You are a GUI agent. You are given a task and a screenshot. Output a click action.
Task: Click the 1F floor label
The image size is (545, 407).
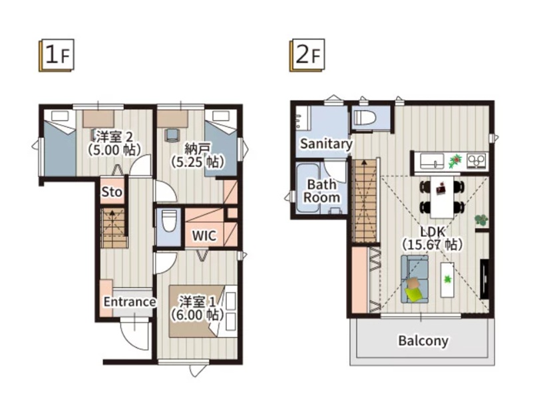(57, 55)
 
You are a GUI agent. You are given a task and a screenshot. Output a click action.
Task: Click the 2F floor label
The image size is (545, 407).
(307, 55)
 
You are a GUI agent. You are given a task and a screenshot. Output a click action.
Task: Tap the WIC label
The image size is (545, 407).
(204, 235)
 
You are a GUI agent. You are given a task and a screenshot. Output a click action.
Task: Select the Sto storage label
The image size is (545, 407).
(112, 192)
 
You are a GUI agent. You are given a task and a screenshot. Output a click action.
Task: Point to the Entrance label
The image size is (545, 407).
(129, 301)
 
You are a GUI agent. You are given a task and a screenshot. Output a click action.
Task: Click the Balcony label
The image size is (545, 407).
(423, 340)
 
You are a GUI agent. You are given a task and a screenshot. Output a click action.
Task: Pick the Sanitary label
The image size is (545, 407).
(326, 144)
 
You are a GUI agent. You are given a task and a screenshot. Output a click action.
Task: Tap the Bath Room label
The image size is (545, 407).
(321, 191)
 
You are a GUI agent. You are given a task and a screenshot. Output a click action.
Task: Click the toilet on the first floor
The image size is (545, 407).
(169, 221)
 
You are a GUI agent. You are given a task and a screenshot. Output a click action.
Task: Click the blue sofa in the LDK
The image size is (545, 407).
(415, 279)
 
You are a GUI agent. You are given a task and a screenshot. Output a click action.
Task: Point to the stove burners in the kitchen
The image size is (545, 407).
(476, 161)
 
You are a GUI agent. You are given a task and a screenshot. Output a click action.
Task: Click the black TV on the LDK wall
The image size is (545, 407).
(484, 279)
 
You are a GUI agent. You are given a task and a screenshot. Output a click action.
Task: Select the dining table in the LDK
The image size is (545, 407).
(442, 197)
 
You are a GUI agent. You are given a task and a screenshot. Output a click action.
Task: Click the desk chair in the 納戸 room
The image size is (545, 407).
(171, 135)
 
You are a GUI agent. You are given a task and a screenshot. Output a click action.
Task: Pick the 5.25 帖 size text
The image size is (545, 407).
(197, 162)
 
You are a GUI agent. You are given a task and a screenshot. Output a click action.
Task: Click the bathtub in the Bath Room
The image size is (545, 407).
(307, 188)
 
